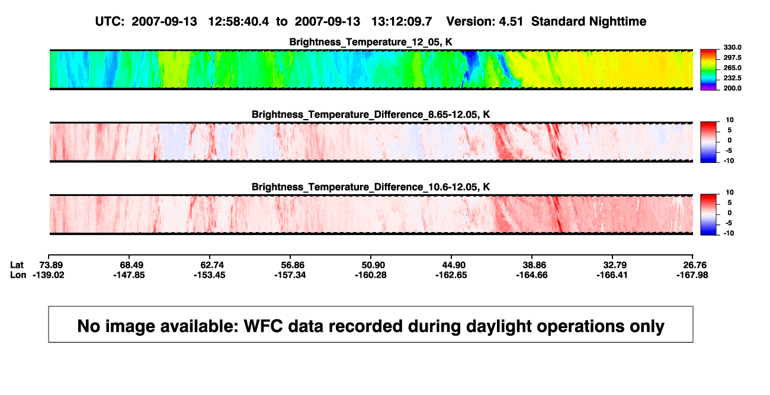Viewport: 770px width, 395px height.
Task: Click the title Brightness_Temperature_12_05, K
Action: pos(371,42)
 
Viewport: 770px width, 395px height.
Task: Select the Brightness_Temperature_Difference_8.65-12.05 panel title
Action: pos(371,114)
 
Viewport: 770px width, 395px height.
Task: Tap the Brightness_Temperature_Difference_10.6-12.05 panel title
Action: pos(371,187)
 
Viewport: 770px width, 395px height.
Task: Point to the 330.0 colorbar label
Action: pos(732,47)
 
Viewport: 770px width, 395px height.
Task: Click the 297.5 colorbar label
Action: pos(732,57)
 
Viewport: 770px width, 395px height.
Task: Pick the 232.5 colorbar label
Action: pos(732,78)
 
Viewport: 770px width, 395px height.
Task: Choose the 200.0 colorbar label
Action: pos(732,88)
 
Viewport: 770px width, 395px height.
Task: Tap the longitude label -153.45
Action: pos(210,275)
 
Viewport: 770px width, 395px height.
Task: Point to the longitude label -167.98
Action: pos(692,275)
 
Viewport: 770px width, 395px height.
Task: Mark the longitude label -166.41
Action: pos(612,275)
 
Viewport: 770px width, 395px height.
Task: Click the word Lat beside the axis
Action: pos(17,265)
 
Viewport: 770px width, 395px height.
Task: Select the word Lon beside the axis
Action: pos(18,275)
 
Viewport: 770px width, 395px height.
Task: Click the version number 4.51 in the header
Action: pos(511,21)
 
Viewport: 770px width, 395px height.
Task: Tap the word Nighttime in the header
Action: pos(617,21)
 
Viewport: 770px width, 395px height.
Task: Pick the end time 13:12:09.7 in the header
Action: pos(402,21)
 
